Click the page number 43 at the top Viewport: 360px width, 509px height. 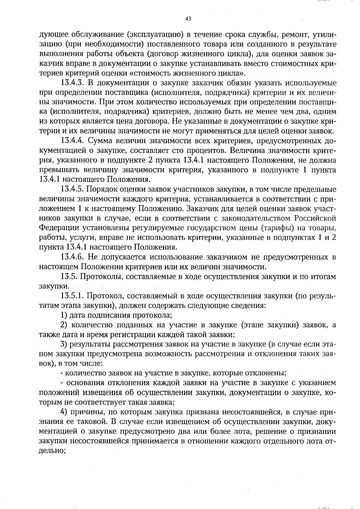coord(188,19)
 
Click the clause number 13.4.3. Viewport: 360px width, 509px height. coord(72,83)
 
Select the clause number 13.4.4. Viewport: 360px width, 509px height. coord(72,141)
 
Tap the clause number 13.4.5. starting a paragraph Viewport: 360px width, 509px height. coord(72,189)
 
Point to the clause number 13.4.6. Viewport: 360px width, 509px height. coord(72,257)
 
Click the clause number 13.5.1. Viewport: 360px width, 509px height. coord(72,296)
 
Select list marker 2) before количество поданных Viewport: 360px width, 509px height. coord(64,325)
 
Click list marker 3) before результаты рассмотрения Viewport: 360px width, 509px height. coord(64,344)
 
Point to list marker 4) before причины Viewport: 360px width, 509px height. coord(64,412)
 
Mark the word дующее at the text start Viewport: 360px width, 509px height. coord(52,35)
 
